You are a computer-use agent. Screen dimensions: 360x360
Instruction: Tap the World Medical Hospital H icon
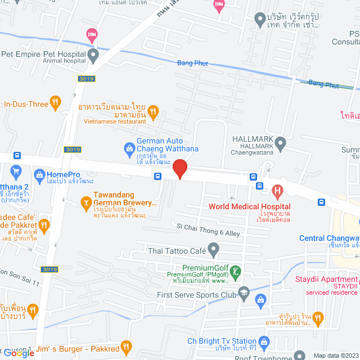click(x=277, y=192)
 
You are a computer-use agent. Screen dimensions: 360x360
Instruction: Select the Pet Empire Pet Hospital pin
click(x=93, y=55)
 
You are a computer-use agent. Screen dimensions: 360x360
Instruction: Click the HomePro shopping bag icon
click(x=39, y=175)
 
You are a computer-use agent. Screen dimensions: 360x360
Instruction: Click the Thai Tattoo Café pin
click(x=213, y=248)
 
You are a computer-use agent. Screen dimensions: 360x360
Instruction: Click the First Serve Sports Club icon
click(x=244, y=292)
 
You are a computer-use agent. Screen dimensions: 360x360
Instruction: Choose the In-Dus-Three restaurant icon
click(x=55, y=103)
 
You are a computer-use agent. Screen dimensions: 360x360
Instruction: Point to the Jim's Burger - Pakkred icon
click(x=126, y=348)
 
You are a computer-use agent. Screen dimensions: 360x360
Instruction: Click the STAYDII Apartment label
click(x=326, y=280)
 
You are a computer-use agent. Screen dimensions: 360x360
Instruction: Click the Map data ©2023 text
click(x=335, y=355)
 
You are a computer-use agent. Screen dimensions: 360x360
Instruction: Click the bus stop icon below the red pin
click(x=157, y=176)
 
